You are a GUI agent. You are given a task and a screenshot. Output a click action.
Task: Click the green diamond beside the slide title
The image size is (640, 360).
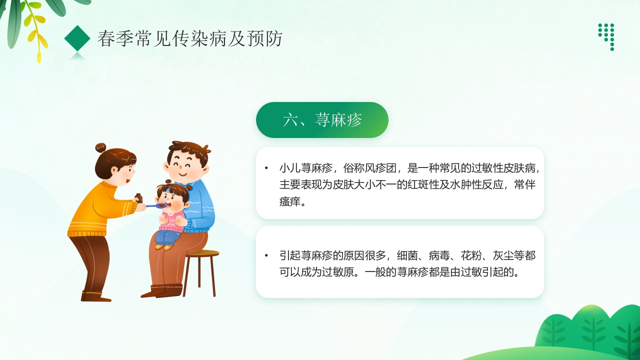click(77, 38)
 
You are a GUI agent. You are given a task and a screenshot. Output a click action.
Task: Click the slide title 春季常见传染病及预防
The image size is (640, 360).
click(190, 38)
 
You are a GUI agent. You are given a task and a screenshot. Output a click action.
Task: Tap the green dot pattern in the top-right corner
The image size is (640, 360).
click(606, 36)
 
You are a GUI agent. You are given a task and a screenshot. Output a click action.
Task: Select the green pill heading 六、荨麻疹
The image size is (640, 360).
click(322, 120)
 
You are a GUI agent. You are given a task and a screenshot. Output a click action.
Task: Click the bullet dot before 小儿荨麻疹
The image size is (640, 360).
click(266, 168)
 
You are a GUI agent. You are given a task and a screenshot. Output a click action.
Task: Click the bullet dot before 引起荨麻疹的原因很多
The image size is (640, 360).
click(266, 256)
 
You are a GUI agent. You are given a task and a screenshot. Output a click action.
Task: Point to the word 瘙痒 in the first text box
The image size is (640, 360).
click(290, 202)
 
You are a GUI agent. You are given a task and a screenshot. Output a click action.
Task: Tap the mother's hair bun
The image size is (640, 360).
click(100, 147)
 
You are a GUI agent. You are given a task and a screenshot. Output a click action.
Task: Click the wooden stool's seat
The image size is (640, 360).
click(202, 253)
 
